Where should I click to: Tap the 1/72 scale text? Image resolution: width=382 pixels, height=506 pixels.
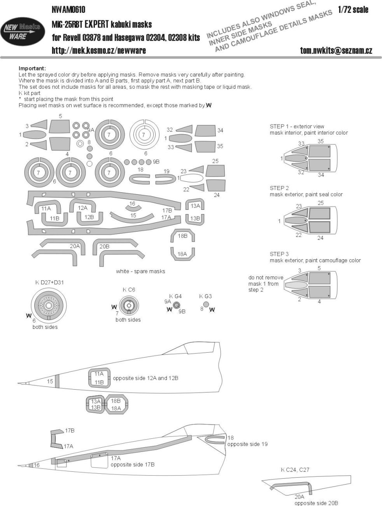(x=353, y=10)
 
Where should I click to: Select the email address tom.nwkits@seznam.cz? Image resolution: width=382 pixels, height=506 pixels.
(x=336, y=51)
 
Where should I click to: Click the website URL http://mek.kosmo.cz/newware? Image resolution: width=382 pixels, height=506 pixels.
(x=99, y=51)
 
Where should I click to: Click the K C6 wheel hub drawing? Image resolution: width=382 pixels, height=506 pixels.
(x=128, y=306)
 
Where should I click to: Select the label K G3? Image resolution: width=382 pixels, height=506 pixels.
(x=206, y=296)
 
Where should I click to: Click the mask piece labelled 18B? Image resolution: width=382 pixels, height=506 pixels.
(x=182, y=236)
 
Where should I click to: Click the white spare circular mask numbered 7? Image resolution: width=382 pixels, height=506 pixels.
(x=144, y=135)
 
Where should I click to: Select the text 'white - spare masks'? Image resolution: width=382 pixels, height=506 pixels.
(x=140, y=271)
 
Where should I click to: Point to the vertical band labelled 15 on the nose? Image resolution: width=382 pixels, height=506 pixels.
(x=57, y=381)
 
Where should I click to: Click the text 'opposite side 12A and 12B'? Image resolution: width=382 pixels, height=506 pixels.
(x=145, y=378)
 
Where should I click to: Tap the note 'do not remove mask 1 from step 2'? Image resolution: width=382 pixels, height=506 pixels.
(x=266, y=284)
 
